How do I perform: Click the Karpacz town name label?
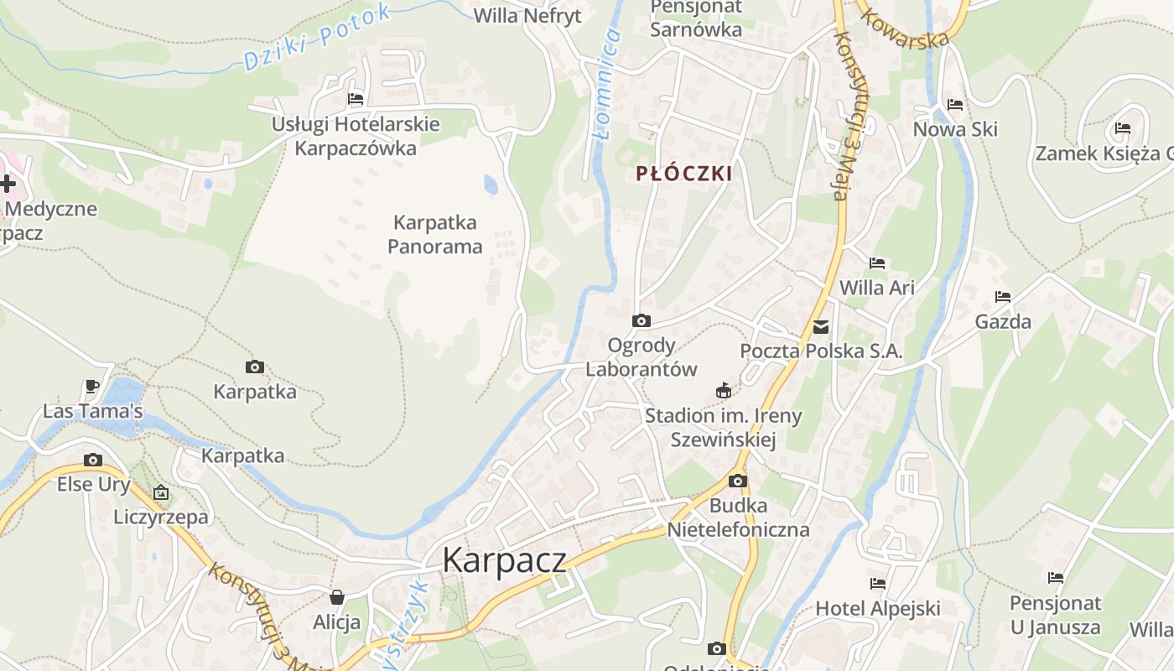504,559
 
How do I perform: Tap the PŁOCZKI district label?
683,174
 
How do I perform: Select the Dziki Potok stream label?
317,39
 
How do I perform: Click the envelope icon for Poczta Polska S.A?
820,327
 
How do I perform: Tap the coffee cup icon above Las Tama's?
92,387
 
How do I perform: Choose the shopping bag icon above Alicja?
336,597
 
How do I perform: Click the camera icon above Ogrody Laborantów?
641,320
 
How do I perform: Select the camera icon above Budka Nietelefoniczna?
737,481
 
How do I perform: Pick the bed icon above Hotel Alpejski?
877,583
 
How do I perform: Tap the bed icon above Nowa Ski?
954,105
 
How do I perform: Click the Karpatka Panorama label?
434,235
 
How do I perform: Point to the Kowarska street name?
904,29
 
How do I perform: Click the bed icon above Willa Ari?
876,263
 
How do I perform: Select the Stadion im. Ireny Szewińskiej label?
723,427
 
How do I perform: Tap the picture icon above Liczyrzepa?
160,492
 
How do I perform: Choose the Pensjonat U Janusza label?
1054,615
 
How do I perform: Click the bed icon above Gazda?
1002,296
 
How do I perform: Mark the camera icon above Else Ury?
92,460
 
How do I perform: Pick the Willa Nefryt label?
527,16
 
